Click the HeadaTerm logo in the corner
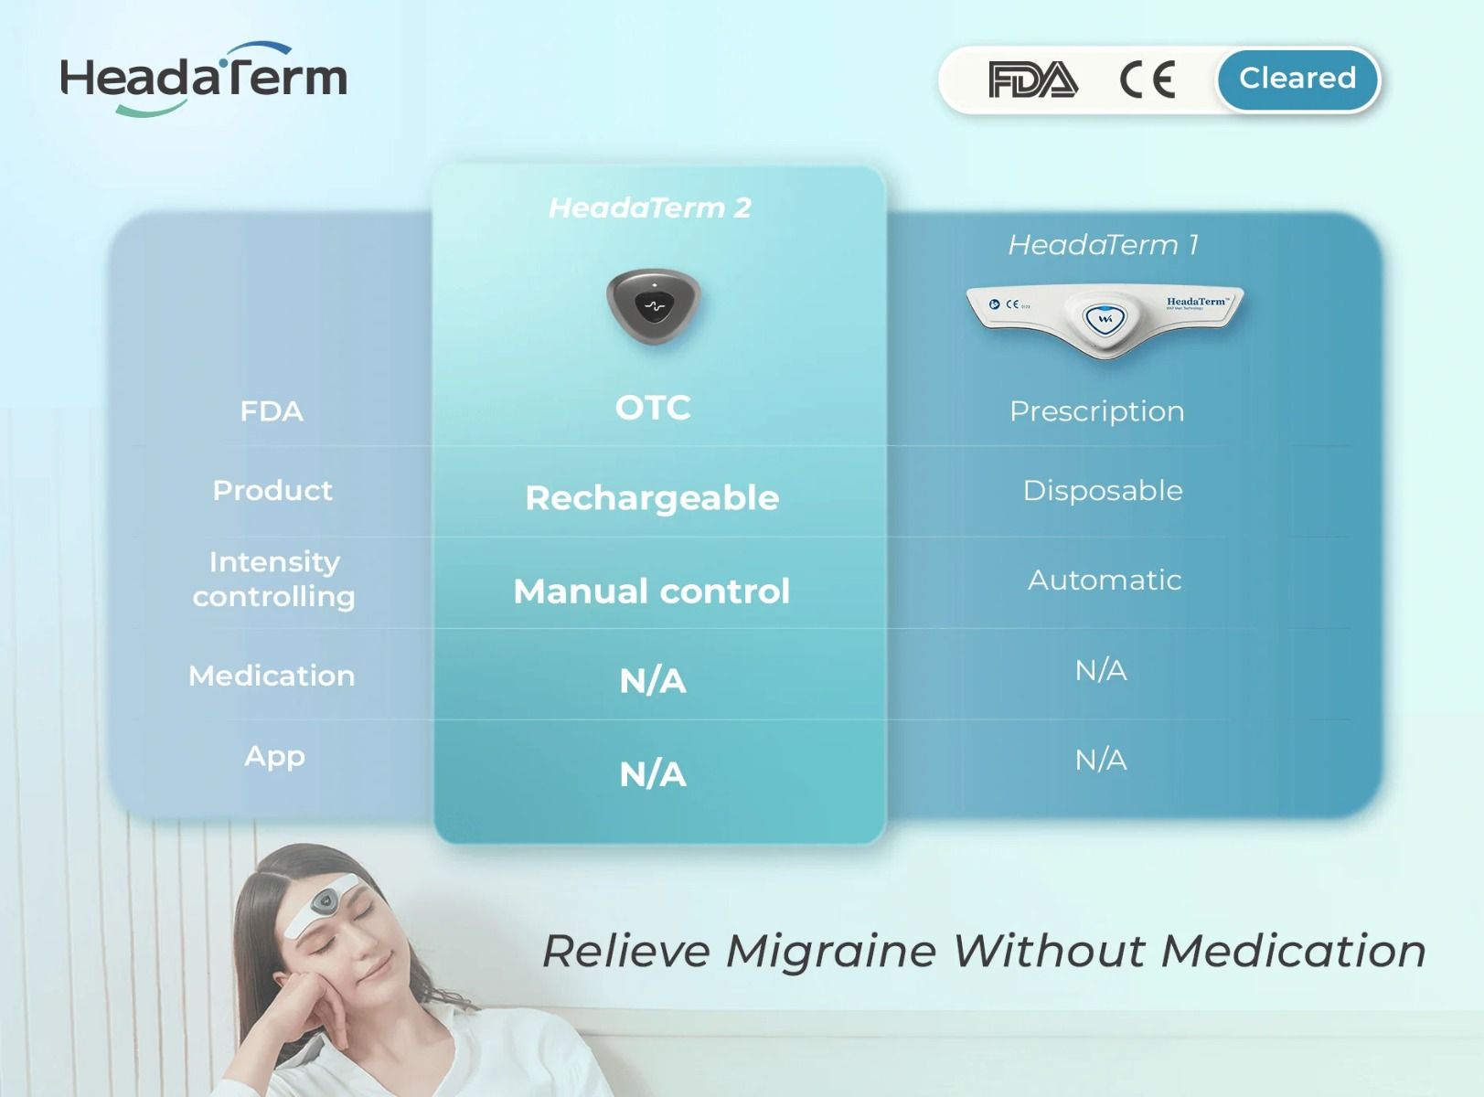pyautogui.click(x=203, y=79)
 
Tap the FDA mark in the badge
pyautogui.click(x=1032, y=80)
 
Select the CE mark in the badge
pyautogui.click(x=1148, y=80)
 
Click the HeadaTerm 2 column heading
pyautogui.click(x=649, y=208)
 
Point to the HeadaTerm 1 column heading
pyautogui.click(x=1103, y=245)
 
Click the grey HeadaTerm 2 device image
pyautogui.click(x=653, y=305)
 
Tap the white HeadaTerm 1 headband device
pyautogui.click(x=1105, y=316)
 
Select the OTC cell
pyautogui.click(x=653, y=408)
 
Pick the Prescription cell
pyautogui.click(x=1096, y=411)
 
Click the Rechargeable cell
pyautogui.click(x=652, y=498)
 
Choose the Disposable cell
pyautogui.click(x=1103, y=491)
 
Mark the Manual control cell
pyautogui.click(x=651, y=591)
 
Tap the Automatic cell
pyautogui.click(x=1105, y=580)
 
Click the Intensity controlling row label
pyautogui.click(x=273, y=579)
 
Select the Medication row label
pyautogui.click(x=272, y=676)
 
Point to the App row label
pyautogui.click(x=274, y=757)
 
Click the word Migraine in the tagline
pyautogui.click(x=831, y=951)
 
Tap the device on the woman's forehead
pyautogui.click(x=323, y=904)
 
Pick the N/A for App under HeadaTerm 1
pyautogui.click(x=1101, y=760)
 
